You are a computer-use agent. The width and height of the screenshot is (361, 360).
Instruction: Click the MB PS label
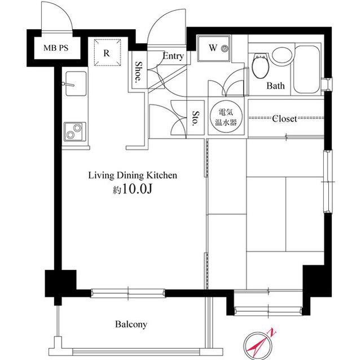56,48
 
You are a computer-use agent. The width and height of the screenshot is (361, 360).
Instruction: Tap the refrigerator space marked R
107,52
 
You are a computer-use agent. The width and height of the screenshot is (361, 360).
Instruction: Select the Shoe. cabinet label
138,72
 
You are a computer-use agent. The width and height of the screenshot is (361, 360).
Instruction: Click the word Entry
173,56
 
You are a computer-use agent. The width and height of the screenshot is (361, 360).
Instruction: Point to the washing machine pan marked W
214,48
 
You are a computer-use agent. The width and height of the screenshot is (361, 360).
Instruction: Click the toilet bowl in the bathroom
261,66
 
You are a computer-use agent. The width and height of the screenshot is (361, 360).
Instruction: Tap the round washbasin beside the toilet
282,55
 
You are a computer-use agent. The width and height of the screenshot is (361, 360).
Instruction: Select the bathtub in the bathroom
307,69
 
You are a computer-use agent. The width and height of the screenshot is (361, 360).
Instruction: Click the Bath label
275,86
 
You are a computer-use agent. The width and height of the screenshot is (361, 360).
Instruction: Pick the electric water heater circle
226,117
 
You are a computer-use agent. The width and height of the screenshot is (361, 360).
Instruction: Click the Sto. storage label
196,118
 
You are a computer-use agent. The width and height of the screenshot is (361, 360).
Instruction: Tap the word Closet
284,119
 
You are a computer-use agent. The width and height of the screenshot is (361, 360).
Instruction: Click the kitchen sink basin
76,83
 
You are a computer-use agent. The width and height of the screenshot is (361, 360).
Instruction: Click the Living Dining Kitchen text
133,175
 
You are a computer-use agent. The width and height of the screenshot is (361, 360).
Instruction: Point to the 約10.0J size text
133,189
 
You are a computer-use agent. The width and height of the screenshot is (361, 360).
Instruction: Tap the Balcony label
131,325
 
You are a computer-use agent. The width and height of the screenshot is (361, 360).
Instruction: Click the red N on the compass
272,332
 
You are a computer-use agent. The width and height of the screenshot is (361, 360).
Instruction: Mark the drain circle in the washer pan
224,48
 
